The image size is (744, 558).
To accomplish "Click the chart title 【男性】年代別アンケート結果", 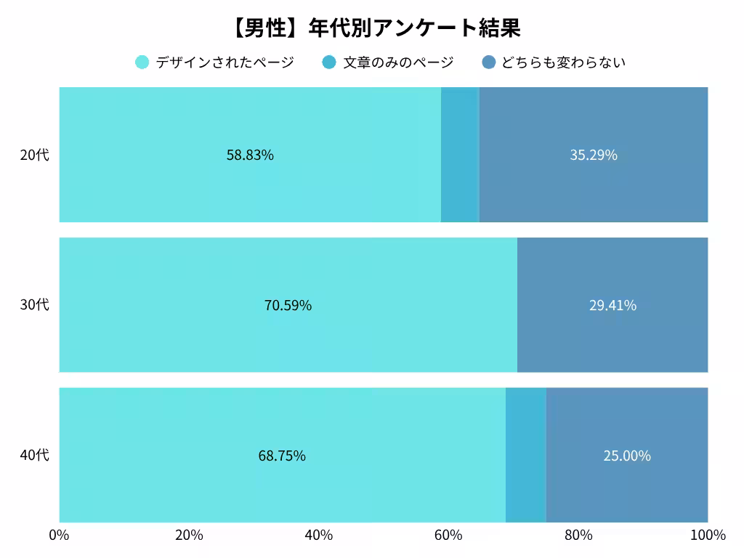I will (x=376, y=28).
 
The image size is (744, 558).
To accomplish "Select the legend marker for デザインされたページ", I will (x=142, y=62).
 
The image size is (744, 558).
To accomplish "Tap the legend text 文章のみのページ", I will (x=398, y=62).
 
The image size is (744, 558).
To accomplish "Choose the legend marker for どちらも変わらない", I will (x=489, y=62).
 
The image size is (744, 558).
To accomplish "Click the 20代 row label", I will (x=34, y=155).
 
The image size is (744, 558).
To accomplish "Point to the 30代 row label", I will (x=34, y=305).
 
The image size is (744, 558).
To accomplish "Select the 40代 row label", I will (x=34, y=456).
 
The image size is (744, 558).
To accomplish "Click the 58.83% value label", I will (x=250, y=155).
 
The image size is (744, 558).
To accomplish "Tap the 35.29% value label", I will (x=594, y=155).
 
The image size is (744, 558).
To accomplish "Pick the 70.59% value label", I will (x=288, y=305).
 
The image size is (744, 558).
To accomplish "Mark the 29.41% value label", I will (x=612, y=305).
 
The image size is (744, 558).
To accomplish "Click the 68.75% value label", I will (x=282, y=456).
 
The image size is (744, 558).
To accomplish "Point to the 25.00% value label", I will (x=627, y=456).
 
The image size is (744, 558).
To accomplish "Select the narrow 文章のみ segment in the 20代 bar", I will (x=460, y=155).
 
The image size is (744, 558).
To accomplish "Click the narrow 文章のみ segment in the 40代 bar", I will (x=525, y=456).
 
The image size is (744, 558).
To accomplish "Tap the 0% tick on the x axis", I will (x=59, y=535).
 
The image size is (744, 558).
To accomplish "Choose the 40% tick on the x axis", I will (x=318, y=535).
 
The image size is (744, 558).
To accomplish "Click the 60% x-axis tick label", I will (x=448, y=535).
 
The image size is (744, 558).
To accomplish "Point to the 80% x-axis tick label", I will (x=578, y=535).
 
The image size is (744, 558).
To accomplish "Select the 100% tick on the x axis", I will (x=707, y=535).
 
